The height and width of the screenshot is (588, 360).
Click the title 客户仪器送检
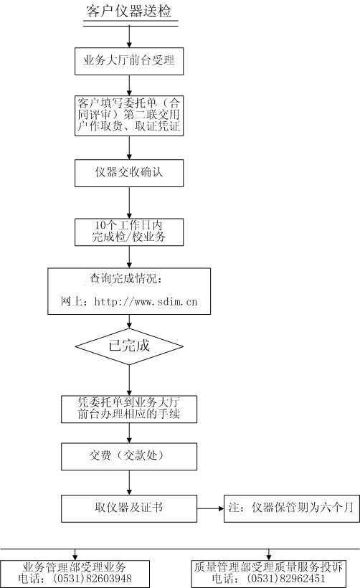[128, 11]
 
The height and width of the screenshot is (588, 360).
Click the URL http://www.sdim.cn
[146, 301]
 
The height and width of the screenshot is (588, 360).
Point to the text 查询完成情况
[126, 278]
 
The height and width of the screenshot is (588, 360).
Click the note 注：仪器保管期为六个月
[291, 508]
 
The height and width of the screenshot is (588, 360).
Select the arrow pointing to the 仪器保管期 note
[210, 508]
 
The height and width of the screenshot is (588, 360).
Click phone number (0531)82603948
[93, 578]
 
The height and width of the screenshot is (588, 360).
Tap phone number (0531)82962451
[285, 578]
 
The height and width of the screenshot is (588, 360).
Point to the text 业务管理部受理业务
[74, 566]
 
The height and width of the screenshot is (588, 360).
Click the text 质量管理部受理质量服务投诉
[268, 566]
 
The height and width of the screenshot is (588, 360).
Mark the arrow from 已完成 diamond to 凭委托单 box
[129, 380]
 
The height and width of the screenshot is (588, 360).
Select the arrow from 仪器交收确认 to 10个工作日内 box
[129, 202]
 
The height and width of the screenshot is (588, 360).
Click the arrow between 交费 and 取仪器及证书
[129, 483]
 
